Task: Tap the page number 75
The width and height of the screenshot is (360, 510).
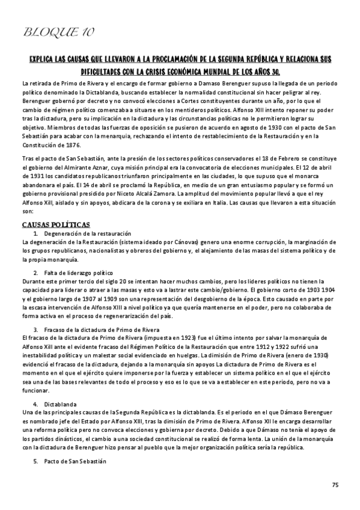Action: tap(335, 484)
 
